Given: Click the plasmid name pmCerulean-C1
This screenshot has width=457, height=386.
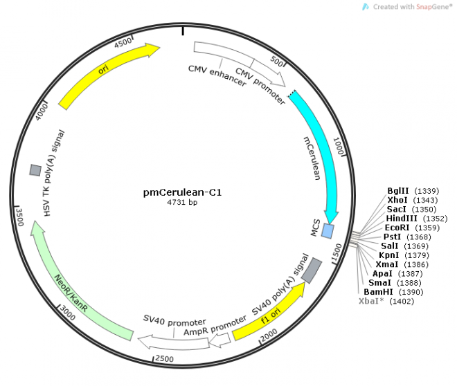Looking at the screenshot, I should pos(182,192).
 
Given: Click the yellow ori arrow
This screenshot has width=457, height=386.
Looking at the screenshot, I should pos(107,75).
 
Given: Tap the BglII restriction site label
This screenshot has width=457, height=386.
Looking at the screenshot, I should pos(398,190).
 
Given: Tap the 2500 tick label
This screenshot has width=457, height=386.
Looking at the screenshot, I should pos(164,358).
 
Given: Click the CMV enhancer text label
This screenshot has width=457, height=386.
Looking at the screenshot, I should pos(217,75).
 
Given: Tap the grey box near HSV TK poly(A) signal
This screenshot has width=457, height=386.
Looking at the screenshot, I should pos(34,169).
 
